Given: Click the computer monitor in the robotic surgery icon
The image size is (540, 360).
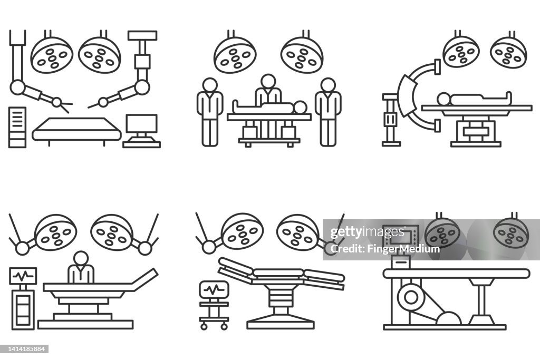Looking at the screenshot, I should click(142, 124).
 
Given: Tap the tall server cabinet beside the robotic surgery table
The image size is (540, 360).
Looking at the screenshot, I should click(17, 127).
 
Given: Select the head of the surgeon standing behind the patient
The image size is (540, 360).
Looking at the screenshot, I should click(268, 81).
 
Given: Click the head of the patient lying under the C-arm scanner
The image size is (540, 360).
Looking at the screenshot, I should click(444, 99).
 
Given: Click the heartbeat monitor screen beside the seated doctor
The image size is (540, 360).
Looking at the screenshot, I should click(23, 275).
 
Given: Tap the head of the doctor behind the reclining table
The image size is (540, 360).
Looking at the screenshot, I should click(81, 258).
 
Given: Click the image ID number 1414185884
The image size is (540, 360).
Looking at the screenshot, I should click(25, 348).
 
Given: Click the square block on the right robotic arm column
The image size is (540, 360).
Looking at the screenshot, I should click(142, 62).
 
